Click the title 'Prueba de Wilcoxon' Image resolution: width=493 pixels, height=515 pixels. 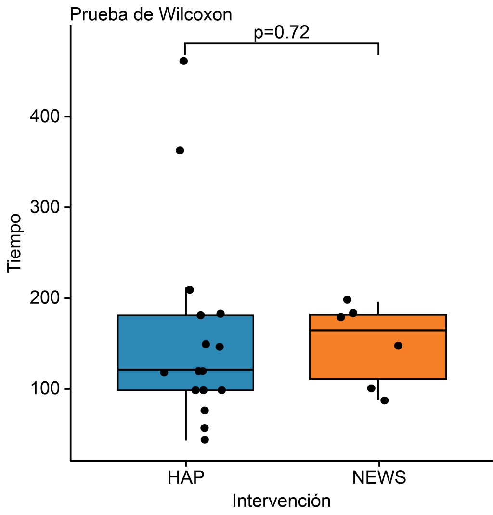click(151, 14)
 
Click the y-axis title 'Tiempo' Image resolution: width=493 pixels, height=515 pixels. click(15, 243)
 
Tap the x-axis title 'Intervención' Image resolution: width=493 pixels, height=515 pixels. click(281, 501)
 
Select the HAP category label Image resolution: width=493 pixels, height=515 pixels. click(186, 478)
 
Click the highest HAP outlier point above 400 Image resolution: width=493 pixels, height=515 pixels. click(183, 61)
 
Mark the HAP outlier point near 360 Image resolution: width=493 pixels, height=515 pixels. click(180, 151)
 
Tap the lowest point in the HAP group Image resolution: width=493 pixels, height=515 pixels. click(205, 439)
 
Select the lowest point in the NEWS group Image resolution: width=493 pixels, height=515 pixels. click(384, 400)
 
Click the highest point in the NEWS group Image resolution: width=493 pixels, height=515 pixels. click(347, 300)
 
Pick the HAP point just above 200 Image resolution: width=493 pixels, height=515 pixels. click(190, 290)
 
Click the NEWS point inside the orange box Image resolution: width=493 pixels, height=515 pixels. click(398, 346)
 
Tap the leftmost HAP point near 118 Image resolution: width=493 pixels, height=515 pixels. click(164, 373)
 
